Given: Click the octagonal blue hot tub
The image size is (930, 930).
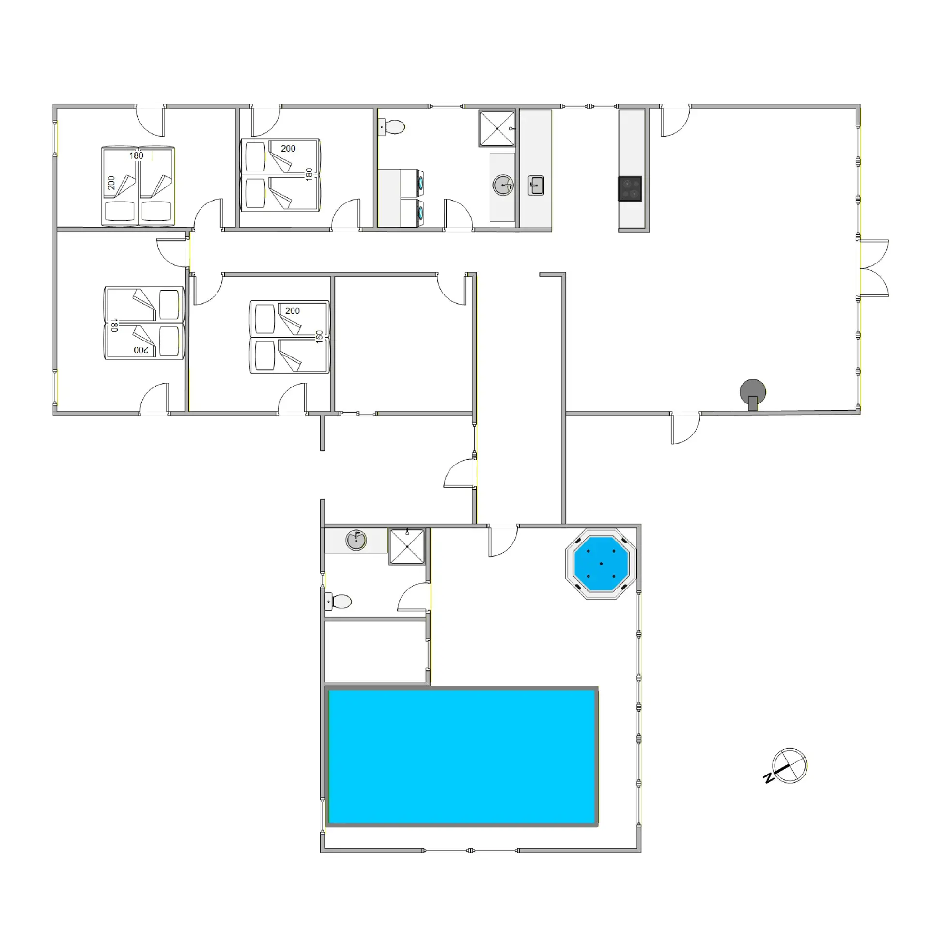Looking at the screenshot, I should [x=601, y=563].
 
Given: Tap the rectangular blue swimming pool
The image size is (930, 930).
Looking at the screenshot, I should [x=462, y=757].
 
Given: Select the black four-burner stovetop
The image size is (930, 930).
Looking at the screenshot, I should [x=630, y=188].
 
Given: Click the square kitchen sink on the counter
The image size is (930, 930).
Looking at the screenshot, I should [x=536, y=185].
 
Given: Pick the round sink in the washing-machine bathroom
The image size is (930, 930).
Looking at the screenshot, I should [x=503, y=185].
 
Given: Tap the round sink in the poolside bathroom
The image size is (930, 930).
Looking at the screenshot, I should [x=356, y=540].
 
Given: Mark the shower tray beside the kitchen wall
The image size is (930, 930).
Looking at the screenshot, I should [x=497, y=128].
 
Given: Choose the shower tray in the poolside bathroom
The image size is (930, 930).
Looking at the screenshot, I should [x=407, y=546].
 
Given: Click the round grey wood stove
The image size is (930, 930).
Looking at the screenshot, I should [x=753, y=391].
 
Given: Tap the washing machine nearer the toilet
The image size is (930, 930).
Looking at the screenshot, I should [x=412, y=183].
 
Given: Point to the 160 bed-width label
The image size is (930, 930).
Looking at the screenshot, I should [x=319, y=337].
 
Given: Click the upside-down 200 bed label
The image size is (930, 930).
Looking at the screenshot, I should [x=141, y=350].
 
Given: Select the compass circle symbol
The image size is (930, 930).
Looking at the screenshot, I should [x=790, y=766].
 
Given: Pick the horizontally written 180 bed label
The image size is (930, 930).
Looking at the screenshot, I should [x=136, y=155].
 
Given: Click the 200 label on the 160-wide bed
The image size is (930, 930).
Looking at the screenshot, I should [x=292, y=311].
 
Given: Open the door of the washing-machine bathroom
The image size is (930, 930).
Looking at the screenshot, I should [x=458, y=214].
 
